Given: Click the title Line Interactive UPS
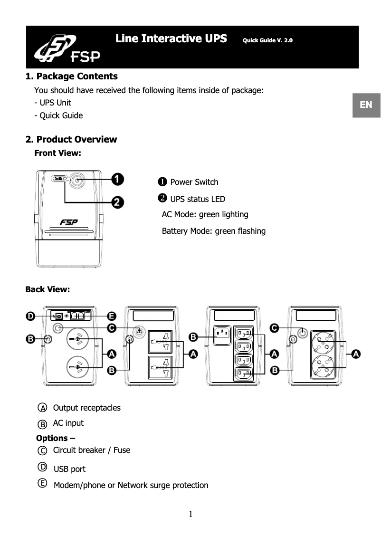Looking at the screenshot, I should pyautogui.click(x=171, y=38).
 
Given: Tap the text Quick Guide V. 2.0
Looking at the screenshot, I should pyautogui.click(x=267, y=40).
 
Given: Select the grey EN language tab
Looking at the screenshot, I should pyautogui.click(x=366, y=105).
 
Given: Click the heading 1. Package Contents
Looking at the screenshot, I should pyautogui.click(x=71, y=77).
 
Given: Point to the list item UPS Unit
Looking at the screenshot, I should pyautogui.click(x=53, y=103).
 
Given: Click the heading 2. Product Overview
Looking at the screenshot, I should pyautogui.click(x=71, y=139).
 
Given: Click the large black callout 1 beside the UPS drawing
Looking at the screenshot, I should pyautogui.click(x=118, y=179).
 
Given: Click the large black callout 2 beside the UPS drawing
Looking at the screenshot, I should pyautogui.click(x=118, y=202).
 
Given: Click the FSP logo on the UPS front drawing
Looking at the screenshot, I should pyautogui.click(x=69, y=222).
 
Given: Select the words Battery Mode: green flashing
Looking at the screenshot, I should pyautogui.click(x=213, y=231).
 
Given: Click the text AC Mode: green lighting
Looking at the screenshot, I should pyautogui.click(x=205, y=215).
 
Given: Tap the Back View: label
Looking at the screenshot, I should pyautogui.click(x=48, y=289).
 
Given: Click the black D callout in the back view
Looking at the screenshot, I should pyautogui.click(x=30, y=316).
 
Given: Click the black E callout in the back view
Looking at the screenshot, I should pyautogui.click(x=112, y=316).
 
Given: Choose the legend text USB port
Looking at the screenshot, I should pyautogui.click(x=69, y=470).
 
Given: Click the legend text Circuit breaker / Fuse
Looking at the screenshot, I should pyautogui.click(x=91, y=450).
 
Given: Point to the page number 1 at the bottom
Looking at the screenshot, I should pyautogui.click(x=190, y=514).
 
